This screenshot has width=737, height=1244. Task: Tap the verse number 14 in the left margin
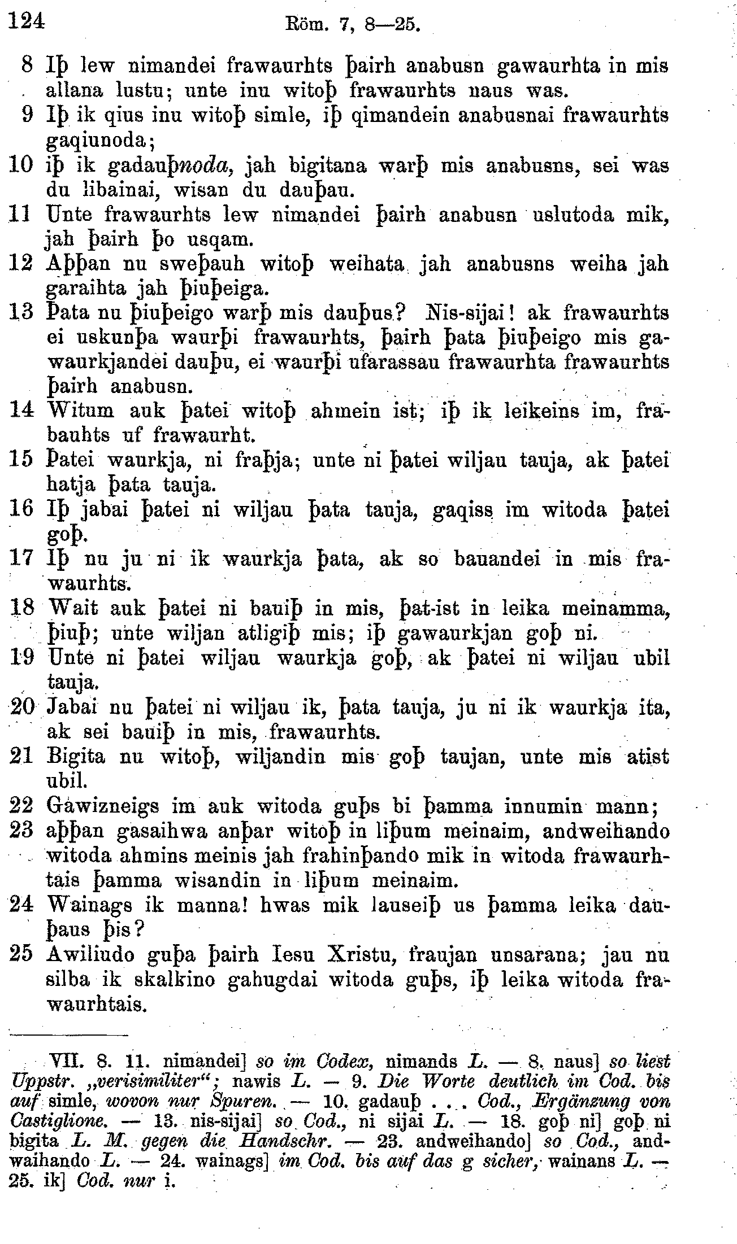point(21,411)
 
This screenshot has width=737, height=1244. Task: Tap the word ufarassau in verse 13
point(385,362)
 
